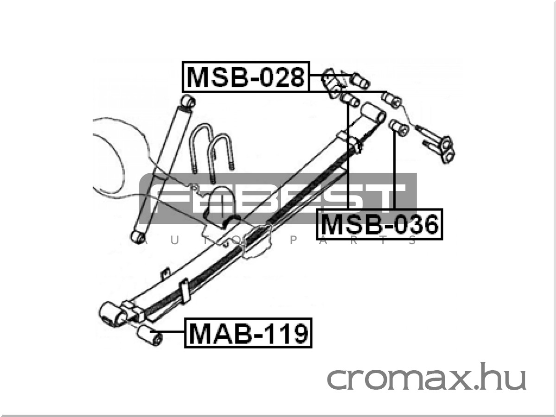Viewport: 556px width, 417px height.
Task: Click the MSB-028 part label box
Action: (246, 76)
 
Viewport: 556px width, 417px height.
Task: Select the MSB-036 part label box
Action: (379, 224)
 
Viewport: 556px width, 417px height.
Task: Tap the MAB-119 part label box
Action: (248, 333)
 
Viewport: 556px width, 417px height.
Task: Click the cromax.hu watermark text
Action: (426, 377)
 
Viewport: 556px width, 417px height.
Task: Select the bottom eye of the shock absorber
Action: (138, 236)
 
